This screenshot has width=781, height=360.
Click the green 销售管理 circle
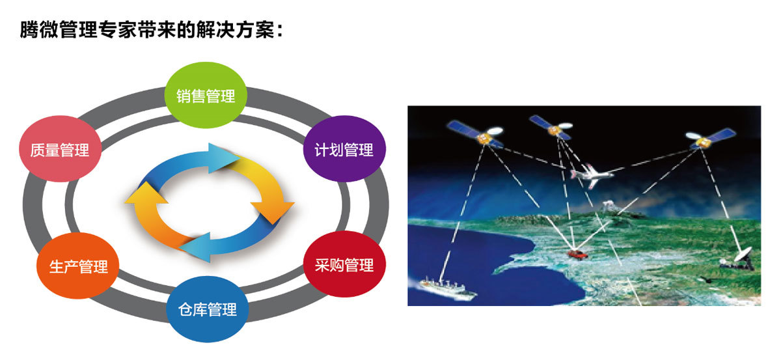[x=206, y=95]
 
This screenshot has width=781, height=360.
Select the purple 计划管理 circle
[x=344, y=149]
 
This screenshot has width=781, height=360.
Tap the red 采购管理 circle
[x=344, y=264]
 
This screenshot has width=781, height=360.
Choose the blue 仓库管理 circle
[x=208, y=309]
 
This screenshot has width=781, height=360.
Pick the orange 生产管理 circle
[x=77, y=266]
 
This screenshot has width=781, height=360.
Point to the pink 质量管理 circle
[x=60, y=149]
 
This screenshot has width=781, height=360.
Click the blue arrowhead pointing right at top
[x=223, y=158]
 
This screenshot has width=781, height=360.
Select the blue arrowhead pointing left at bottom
[x=195, y=247]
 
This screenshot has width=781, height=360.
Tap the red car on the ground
[x=578, y=255]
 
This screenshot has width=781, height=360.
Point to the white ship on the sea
[x=447, y=288]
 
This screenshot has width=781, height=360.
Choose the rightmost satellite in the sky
[x=709, y=139]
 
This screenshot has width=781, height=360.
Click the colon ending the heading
[x=279, y=31]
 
